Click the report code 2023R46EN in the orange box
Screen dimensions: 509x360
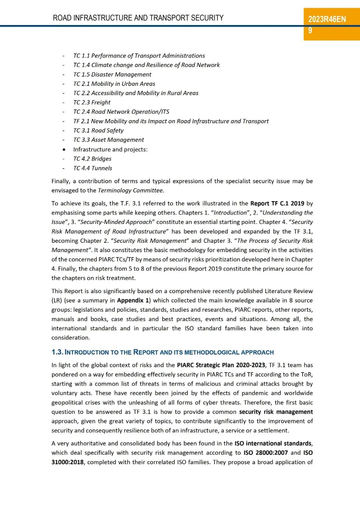pos(327,19)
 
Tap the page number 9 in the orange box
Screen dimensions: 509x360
pos(310,31)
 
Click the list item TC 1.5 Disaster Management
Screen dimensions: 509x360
pos(112,74)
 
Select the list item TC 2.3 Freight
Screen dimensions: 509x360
pos(92,102)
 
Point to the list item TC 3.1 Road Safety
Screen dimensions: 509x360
pos(98,130)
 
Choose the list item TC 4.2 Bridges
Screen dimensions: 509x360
pos(92,159)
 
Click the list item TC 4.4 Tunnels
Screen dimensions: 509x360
pos(93,168)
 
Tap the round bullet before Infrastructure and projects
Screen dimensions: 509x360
pos(64,150)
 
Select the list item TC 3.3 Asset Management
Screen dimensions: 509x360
pos(109,140)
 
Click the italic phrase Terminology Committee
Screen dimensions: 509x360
pos(131,190)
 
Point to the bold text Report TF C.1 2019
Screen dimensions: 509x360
pos(277,203)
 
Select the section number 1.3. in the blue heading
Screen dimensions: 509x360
pos(57,352)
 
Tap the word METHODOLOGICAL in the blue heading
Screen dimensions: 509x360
pos(212,353)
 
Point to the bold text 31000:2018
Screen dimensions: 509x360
pos(67,462)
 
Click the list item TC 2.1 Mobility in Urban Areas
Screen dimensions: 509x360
pos(114,84)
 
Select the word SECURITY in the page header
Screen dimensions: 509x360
pos(207,18)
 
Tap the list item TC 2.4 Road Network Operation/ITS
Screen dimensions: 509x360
pos(121,112)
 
